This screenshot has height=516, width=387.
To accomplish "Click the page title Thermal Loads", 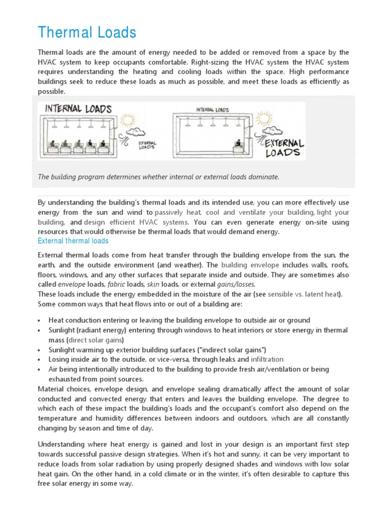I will coord(87,33).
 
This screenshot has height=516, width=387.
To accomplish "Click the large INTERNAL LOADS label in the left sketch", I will coord(78,108).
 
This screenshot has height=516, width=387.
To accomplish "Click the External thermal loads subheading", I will coord(73,241).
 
